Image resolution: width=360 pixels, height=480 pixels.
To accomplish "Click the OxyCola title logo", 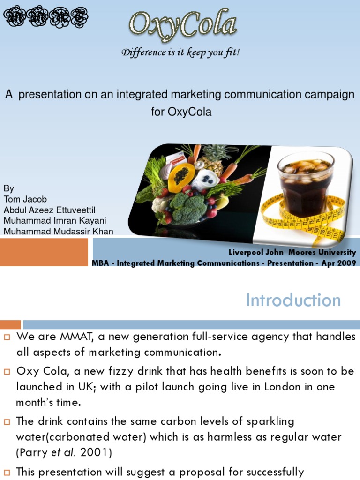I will (x=183, y=24).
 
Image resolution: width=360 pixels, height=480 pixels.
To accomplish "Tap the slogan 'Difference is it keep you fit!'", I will (x=180, y=52).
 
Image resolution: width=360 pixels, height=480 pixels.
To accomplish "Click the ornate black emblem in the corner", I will (x=46, y=17).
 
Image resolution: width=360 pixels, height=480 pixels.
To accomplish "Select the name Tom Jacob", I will (x=25, y=199).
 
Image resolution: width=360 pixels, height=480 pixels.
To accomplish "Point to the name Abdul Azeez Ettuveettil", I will (x=49, y=210).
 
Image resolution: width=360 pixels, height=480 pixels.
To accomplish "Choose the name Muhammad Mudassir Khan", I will (x=58, y=231).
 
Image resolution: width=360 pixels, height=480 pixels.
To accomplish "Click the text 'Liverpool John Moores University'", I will (x=292, y=252).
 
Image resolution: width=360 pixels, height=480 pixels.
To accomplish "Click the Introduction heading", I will (x=293, y=300).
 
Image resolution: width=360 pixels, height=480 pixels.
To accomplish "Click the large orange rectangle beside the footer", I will (x=44, y=252).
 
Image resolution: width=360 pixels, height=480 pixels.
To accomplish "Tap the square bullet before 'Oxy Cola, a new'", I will (x=7, y=371).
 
